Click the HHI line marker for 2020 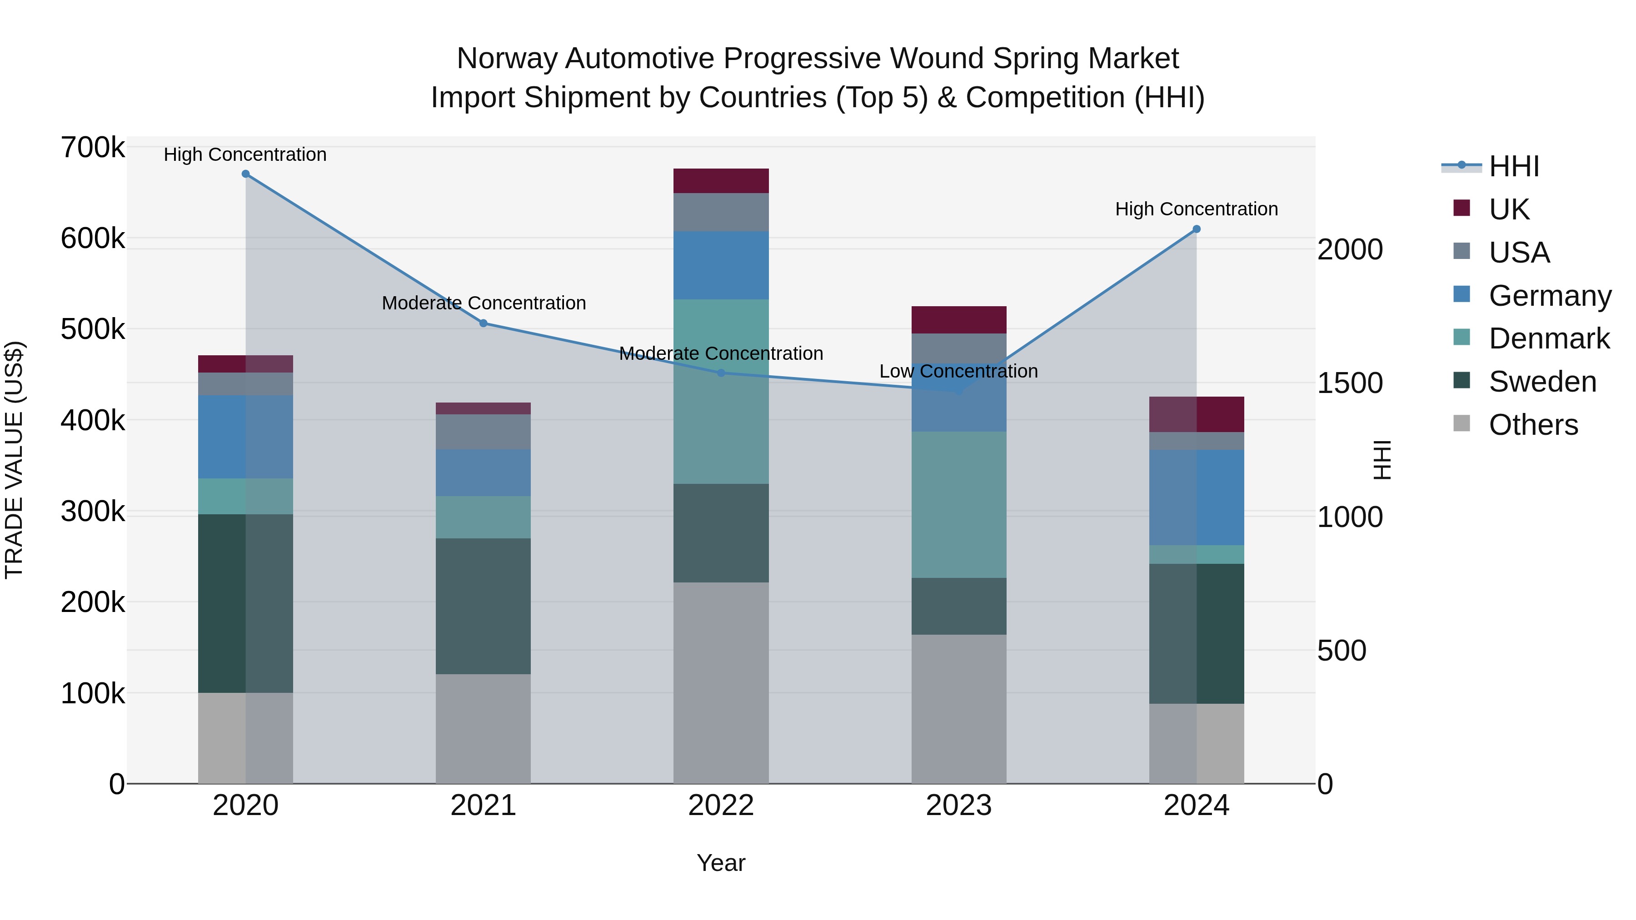pos(246,174)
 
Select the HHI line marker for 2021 pos(484,323)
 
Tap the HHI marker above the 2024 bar pos(1197,229)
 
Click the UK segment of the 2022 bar pos(721,181)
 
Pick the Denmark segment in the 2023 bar pos(959,505)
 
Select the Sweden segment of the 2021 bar pos(484,607)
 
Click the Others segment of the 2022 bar pos(721,682)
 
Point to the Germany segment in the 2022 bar pos(721,265)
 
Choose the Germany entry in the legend pos(1550,296)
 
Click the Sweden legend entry pos(1542,382)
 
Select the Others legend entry pos(1533,425)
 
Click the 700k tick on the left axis pos(93,148)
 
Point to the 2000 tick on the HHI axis pos(1350,249)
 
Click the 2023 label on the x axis pos(959,806)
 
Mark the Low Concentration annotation pos(958,372)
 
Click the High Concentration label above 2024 pos(1197,209)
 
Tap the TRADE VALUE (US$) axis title pos(14,460)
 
